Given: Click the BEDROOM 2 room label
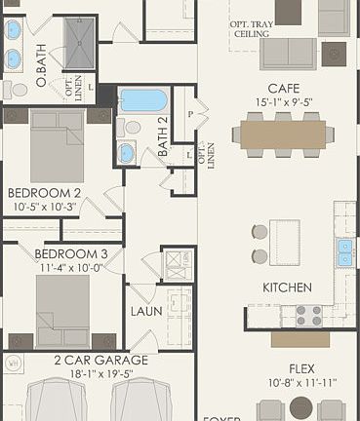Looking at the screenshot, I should coord(43,192).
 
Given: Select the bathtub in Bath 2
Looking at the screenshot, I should coord(142,100).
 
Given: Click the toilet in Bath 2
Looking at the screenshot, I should coord(133,128).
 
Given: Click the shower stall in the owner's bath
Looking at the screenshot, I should coord(85,38).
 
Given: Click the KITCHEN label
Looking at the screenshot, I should coord(287,287).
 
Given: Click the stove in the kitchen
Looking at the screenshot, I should coord(308,315).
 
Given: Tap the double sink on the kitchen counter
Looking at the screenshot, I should coord(344,252).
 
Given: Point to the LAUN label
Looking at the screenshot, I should coord(145,312).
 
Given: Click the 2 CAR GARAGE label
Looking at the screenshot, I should coord(100,360).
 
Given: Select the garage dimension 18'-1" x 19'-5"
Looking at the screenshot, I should coord(100,372).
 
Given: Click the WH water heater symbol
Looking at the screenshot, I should coord(13,364).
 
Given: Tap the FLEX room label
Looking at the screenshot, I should coord(300,369).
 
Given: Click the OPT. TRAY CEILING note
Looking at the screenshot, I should coord(251,28).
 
